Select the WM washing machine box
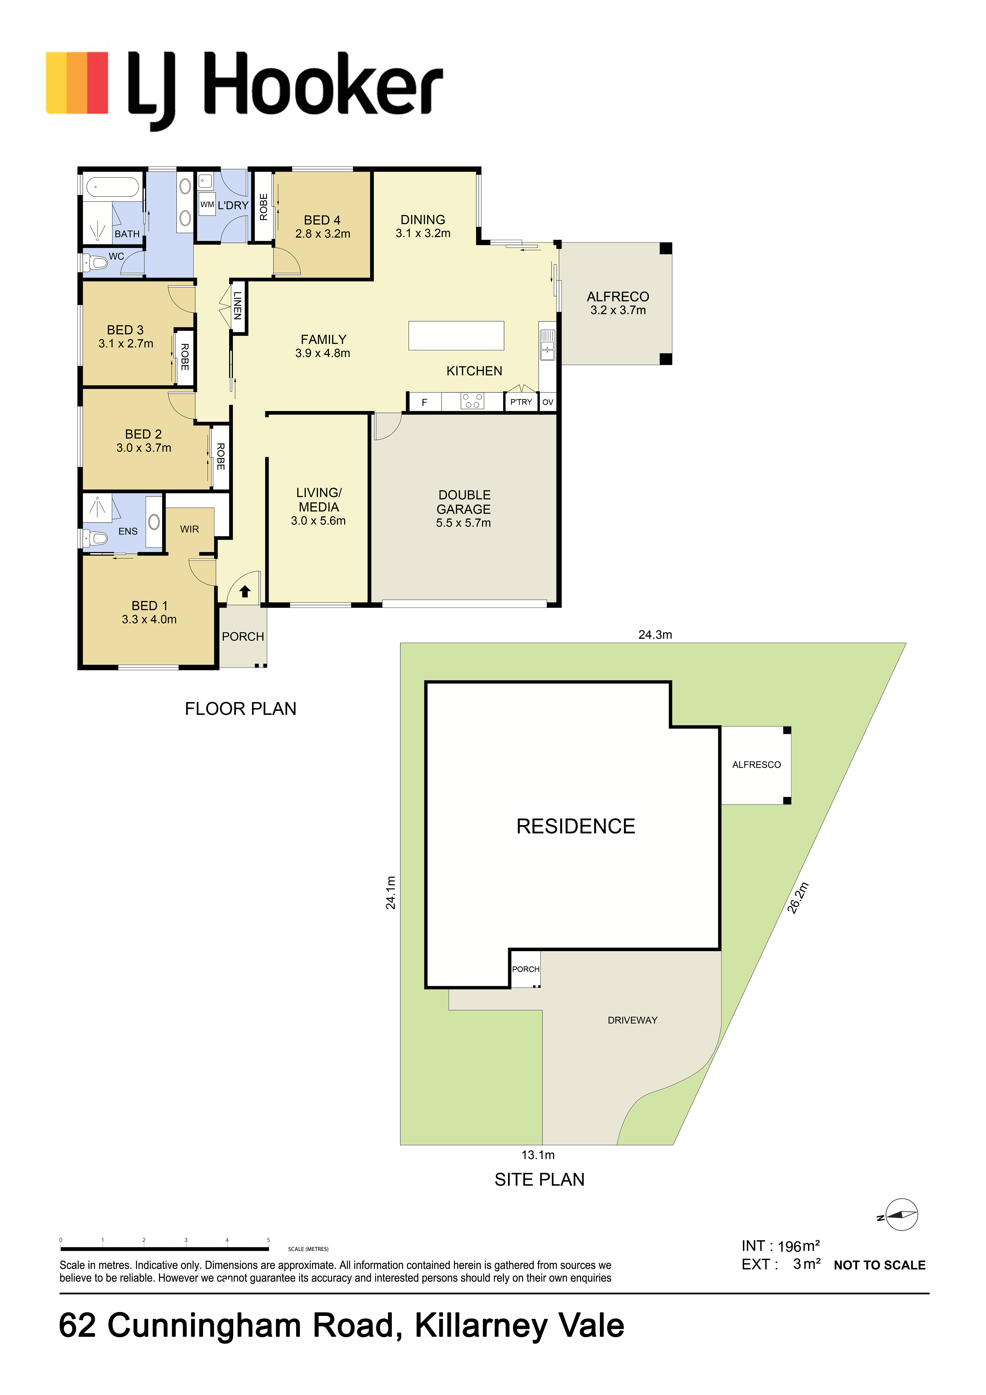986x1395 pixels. point(207,205)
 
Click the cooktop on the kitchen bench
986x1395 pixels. point(472,401)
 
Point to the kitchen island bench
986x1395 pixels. point(456,335)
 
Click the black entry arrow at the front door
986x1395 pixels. point(245,591)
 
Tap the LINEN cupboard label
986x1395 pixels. point(238,306)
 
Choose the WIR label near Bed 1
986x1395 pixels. point(190,529)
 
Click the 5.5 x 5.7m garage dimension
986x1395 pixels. point(464,523)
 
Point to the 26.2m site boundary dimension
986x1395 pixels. point(798,898)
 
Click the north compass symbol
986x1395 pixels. point(900,1215)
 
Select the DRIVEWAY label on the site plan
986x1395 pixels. point(632,1020)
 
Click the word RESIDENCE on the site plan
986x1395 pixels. point(576,826)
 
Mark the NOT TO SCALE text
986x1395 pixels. point(880,1265)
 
